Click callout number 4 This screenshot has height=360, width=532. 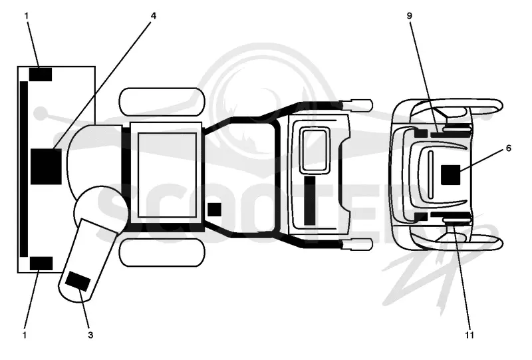(x=154, y=16)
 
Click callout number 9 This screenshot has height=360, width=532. (x=410, y=16)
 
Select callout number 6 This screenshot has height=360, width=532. (x=508, y=148)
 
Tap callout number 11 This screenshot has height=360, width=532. (x=469, y=335)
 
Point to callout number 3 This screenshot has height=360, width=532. (x=90, y=335)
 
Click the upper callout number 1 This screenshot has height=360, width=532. (x=27, y=16)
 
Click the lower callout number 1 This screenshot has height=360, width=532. (x=25, y=335)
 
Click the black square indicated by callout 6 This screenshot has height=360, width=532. (x=451, y=175)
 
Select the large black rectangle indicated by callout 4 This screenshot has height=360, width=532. (x=46, y=166)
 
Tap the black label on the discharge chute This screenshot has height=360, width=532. (x=78, y=281)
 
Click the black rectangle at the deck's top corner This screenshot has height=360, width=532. (x=41, y=75)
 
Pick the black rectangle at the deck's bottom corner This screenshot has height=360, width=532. (x=41, y=264)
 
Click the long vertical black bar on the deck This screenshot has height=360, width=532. (x=24, y=169)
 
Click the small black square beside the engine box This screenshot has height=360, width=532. (x=214, y=210)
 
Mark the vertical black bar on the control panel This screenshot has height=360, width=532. (x=309, y=201)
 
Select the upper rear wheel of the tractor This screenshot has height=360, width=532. (x=162, y=102)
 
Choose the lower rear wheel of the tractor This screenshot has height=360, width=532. (x=162, y=252)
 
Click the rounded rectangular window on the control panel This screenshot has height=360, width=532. (x=316, y=150)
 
